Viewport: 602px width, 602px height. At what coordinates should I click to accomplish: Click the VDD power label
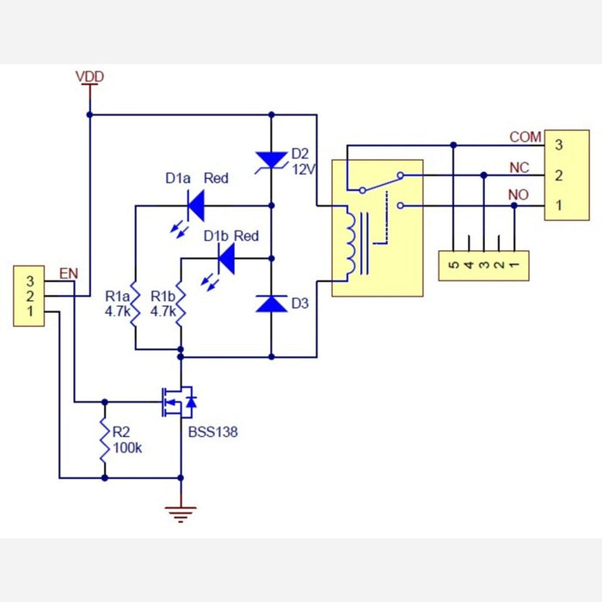89,77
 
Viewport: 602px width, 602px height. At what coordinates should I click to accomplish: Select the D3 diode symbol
272,304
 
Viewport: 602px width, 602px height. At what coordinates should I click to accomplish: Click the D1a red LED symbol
196,205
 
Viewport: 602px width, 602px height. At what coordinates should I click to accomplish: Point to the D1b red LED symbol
227,256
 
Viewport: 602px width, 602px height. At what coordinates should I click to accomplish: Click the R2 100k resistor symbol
105,439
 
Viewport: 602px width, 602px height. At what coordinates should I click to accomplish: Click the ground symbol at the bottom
181,513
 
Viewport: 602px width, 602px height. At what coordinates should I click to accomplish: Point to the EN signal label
68,274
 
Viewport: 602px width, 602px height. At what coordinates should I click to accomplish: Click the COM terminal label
525,137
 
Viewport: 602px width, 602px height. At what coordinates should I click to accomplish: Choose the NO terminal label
519,196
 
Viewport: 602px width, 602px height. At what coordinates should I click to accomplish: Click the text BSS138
212,432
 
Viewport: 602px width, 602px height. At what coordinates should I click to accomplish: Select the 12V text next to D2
304,170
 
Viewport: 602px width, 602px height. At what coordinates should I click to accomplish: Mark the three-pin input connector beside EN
29,296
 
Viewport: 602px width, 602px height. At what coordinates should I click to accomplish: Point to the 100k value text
127,448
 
